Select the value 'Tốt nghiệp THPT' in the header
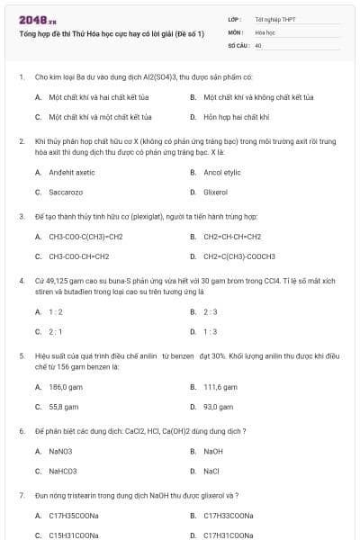pyautogui.click(x=274, y=19)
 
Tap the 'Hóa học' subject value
pyautogui.click(x=265, y=31)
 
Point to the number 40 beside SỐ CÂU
pyautogui.click(x=258, y=44)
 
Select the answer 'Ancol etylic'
pyautogui.click(x=222, y=172)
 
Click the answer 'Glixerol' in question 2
pyautogui.click(x=216, y=192)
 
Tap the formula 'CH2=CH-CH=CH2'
pyautogui.click(x=232, y=237)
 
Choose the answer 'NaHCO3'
pyautogui.click(x=63, y=471)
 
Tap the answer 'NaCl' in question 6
pyautogui.click(x=213, y=471)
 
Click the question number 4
pyautogui.click(x=21, y=281)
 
